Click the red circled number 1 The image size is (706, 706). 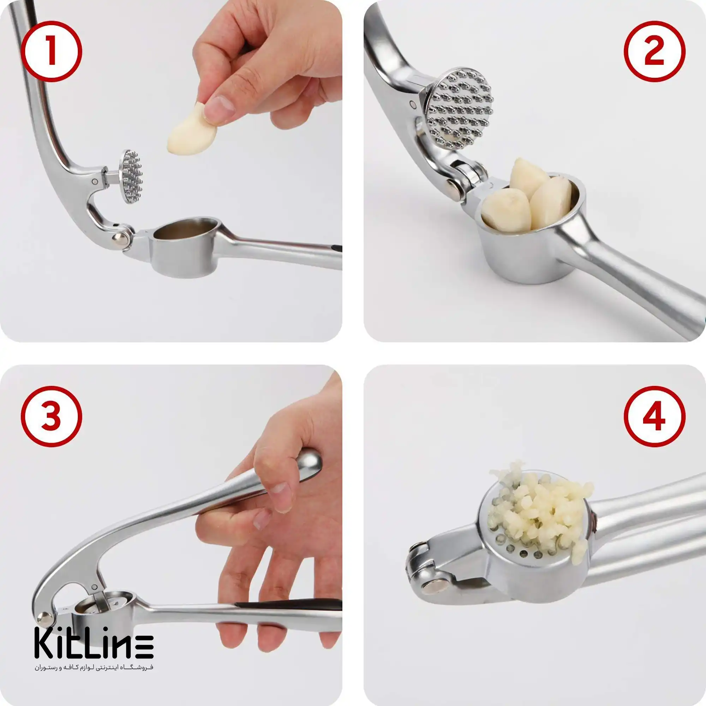point(51,51)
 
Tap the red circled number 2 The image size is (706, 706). point(654,51)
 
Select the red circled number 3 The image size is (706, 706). point(51,416)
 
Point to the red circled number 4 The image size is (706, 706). point(654,416)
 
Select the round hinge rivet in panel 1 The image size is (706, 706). point(121,239)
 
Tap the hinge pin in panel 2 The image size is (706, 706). point(455,190)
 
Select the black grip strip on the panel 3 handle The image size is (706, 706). point(289,604)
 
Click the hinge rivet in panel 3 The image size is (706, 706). point(45,619)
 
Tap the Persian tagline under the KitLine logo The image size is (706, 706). point(94,668)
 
